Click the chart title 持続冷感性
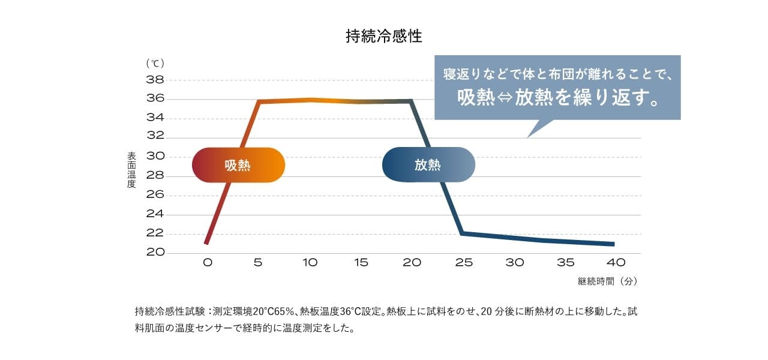point(384,37)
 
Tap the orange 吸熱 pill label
point(238,165)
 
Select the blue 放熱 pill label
point(428,165)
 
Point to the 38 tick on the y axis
point(155,80)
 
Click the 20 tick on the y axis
point(155,253)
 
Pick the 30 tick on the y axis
point(155,157)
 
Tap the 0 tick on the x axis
point(207,263)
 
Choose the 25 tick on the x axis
point(463,263)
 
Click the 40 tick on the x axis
point(616,263)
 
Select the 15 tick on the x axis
point(361,263)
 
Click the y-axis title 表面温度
point(131,170)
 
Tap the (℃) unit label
point(155,63)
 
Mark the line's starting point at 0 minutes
point(206,243)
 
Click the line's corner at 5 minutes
point(259,101)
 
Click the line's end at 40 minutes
point(613,244)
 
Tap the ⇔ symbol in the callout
point(506,98)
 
